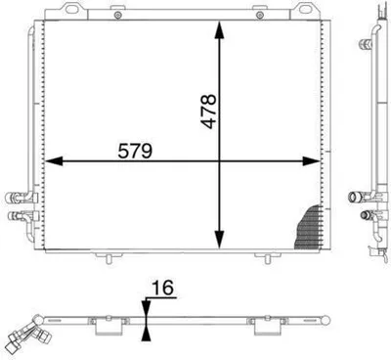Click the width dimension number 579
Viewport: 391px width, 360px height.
pyautogui.click(x=135, y=151)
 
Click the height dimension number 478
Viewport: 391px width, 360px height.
pyautogui.click(x=208, y=112)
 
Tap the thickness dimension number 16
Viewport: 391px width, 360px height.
pyautogui.click(x=163, y=288)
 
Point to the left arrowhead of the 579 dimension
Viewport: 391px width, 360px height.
pyautogui.click(x=54, y=160)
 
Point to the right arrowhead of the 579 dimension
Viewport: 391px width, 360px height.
pyautogui.click(x=311, y=160)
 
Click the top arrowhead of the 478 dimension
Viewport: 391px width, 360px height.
pyautogui.click(x=219, y=30)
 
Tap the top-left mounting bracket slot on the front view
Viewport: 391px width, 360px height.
pyautogui.click(x=72, y=9)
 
